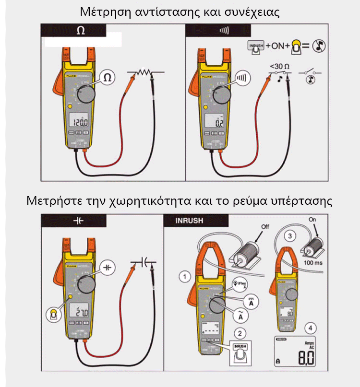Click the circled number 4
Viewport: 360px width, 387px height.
312,328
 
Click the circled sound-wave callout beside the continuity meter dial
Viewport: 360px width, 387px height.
243,77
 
